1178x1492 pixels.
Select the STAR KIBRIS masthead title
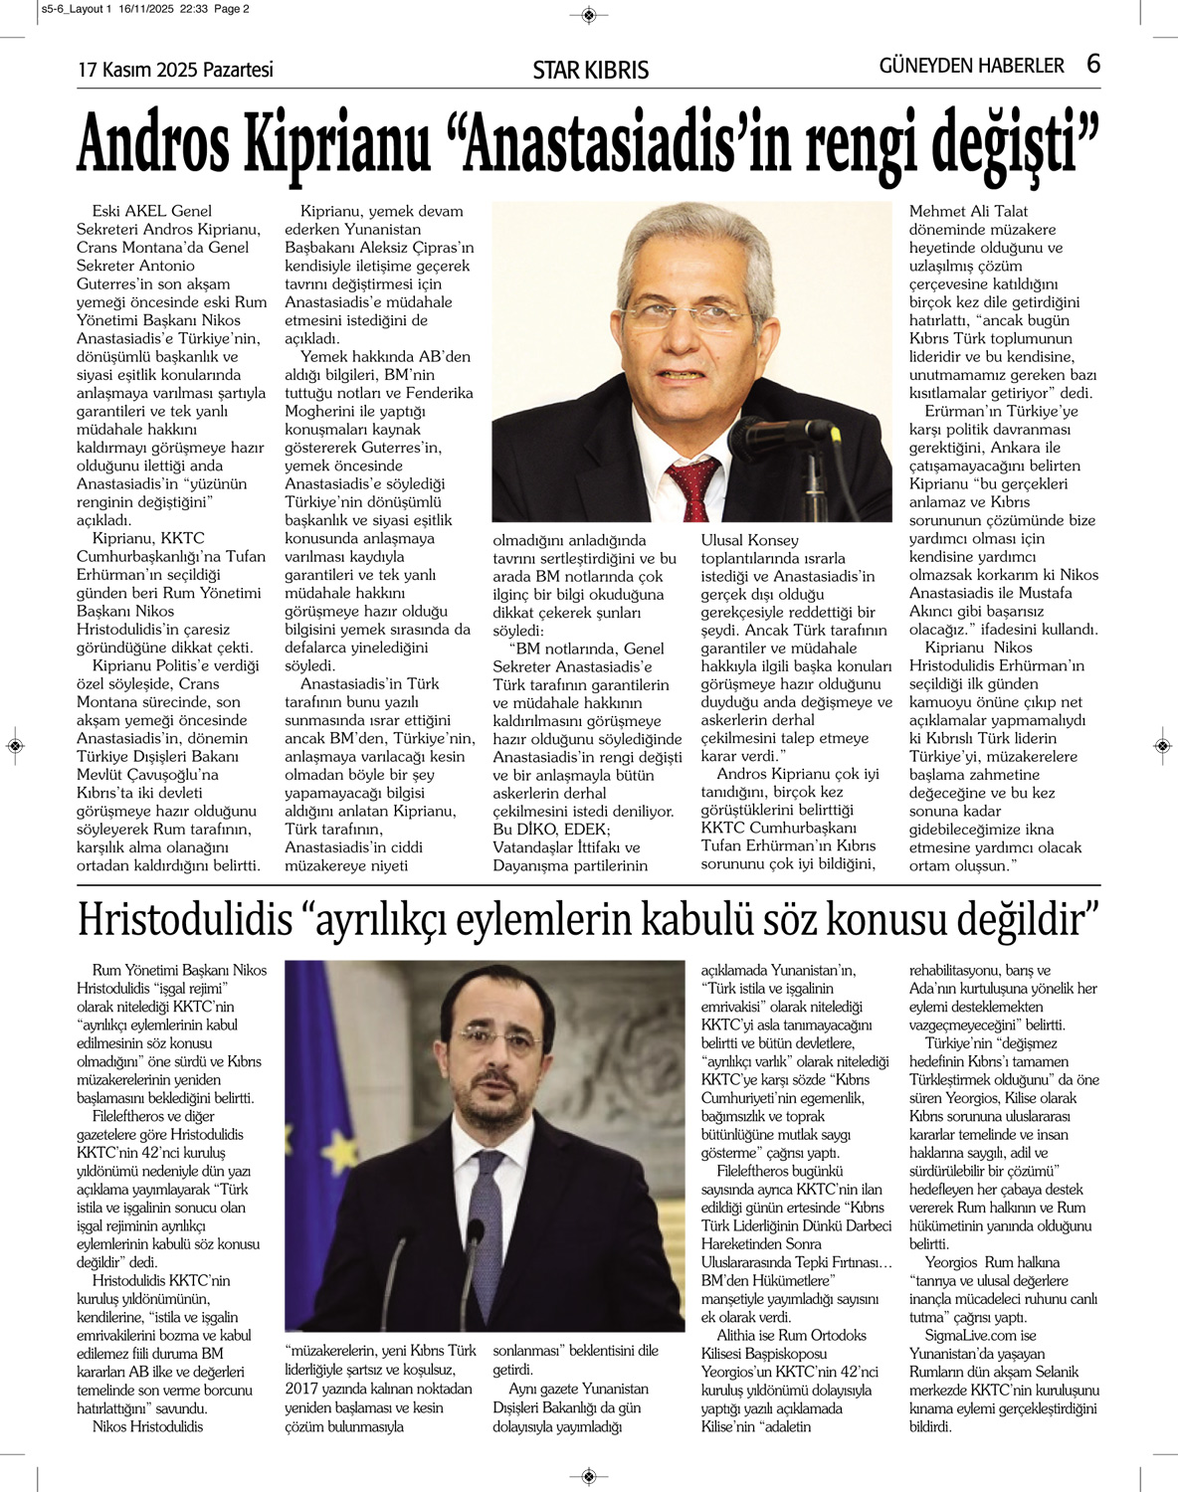click(590, 70)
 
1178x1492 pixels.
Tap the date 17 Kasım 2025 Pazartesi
click(175, 70)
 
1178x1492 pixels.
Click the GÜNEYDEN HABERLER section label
click(971, 66)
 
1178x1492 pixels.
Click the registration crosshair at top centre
click(589, 14)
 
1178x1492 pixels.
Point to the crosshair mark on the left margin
click(14, 745)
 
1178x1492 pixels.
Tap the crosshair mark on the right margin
click(1163, 745)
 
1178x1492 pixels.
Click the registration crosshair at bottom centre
click(589, 1475)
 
